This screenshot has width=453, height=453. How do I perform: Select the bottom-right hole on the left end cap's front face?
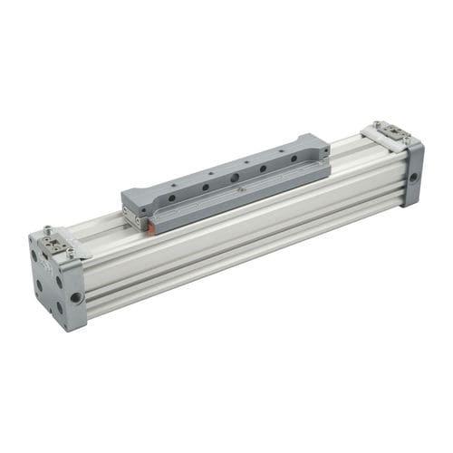tap(60, 306)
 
